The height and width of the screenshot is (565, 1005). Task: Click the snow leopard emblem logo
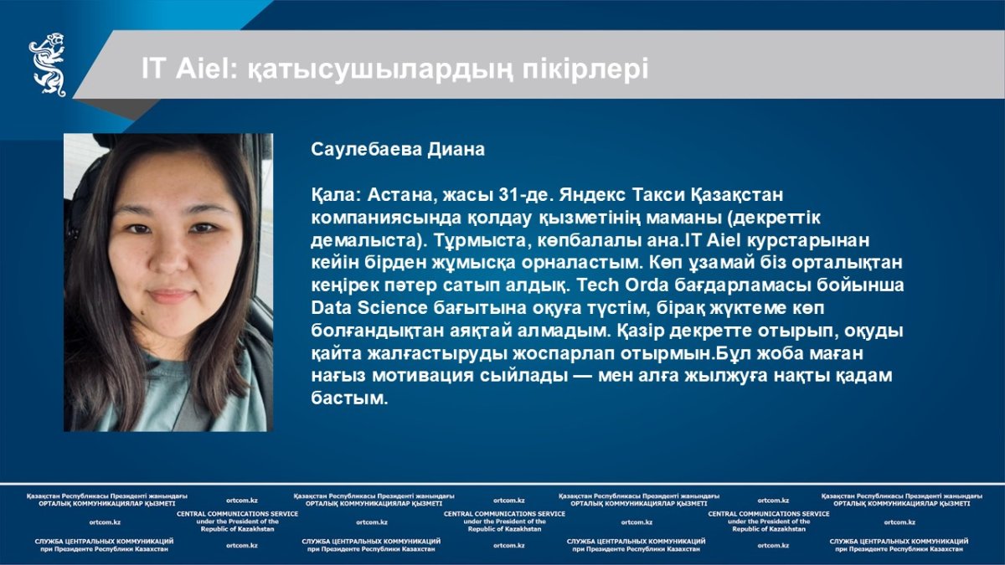coord(48,64)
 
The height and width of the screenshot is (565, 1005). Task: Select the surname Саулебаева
coord(366,150)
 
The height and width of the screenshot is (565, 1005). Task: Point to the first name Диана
coord(456,150)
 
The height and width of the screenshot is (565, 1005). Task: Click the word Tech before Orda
coord(598,285)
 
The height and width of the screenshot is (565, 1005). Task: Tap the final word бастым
coord(349,398)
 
